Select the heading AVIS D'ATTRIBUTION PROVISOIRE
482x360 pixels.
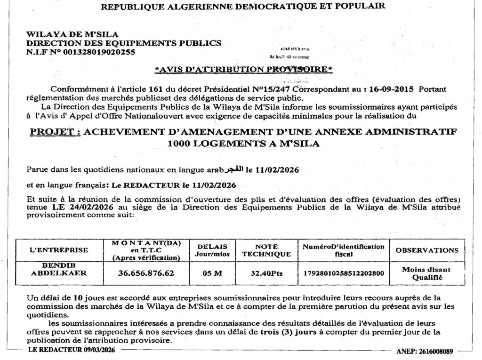244,70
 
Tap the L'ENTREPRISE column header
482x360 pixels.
59,250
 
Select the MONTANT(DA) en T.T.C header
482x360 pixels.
146,250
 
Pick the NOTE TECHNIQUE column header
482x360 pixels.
266,250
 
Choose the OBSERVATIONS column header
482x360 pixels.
427,250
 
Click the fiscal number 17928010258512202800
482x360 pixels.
344,273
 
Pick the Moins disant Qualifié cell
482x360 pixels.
426,273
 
